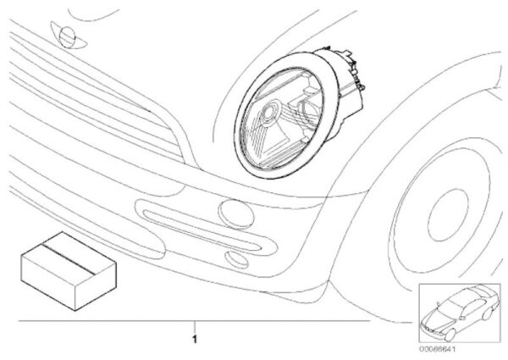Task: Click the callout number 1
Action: click(195, 340)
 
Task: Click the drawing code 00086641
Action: click(438, 349)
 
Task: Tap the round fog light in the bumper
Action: click(236, 214)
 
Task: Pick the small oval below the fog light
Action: click(236, 259)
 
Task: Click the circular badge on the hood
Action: click(68, 37)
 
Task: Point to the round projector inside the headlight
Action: click(269, 112)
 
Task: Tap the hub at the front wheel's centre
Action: click(449, 214)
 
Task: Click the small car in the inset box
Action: click(460, 312)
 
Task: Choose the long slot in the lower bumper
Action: click(202, 230)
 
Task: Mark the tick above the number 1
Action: click(195, 326)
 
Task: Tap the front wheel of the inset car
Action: click(450, 335)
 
